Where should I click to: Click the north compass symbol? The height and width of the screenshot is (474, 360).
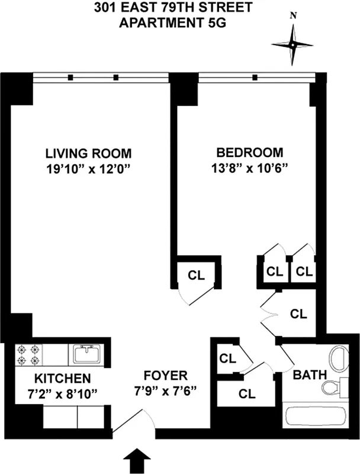click(292, 44)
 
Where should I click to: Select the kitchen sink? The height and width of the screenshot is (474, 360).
click(88, 354)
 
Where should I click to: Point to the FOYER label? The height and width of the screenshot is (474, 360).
click(166, 375)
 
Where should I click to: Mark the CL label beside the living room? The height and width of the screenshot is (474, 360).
click(197, 275)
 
